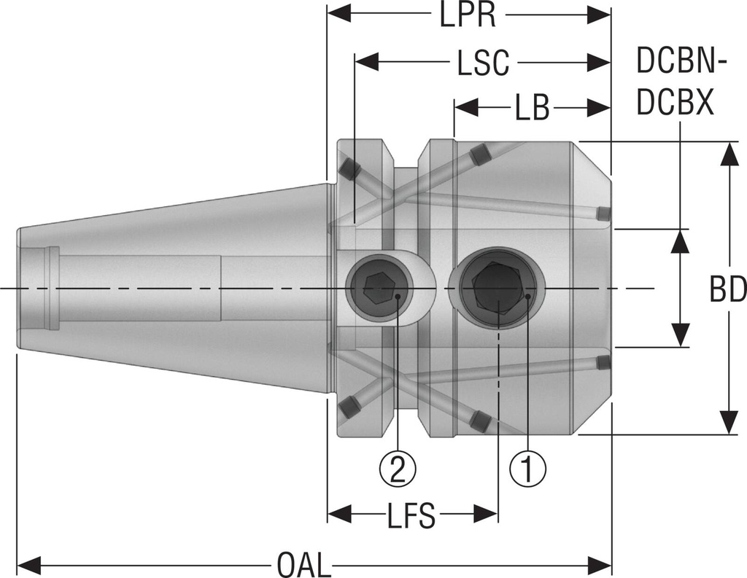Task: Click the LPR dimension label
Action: (468, 15)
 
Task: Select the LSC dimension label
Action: (482, 64)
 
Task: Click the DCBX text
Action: (675, 104)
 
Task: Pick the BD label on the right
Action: (727, 290)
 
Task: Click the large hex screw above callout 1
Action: (496, 289)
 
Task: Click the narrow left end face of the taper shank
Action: (19, 289)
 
